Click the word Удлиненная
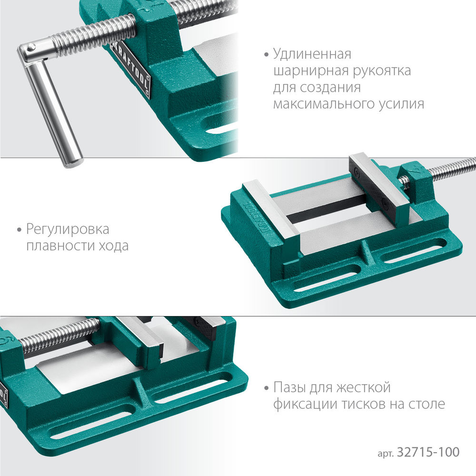click(x=312, y=54)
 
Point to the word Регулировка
click(x=68, y=230)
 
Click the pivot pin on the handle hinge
click(x=31, y=47)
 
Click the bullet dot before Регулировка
click(x=20, y=230)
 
